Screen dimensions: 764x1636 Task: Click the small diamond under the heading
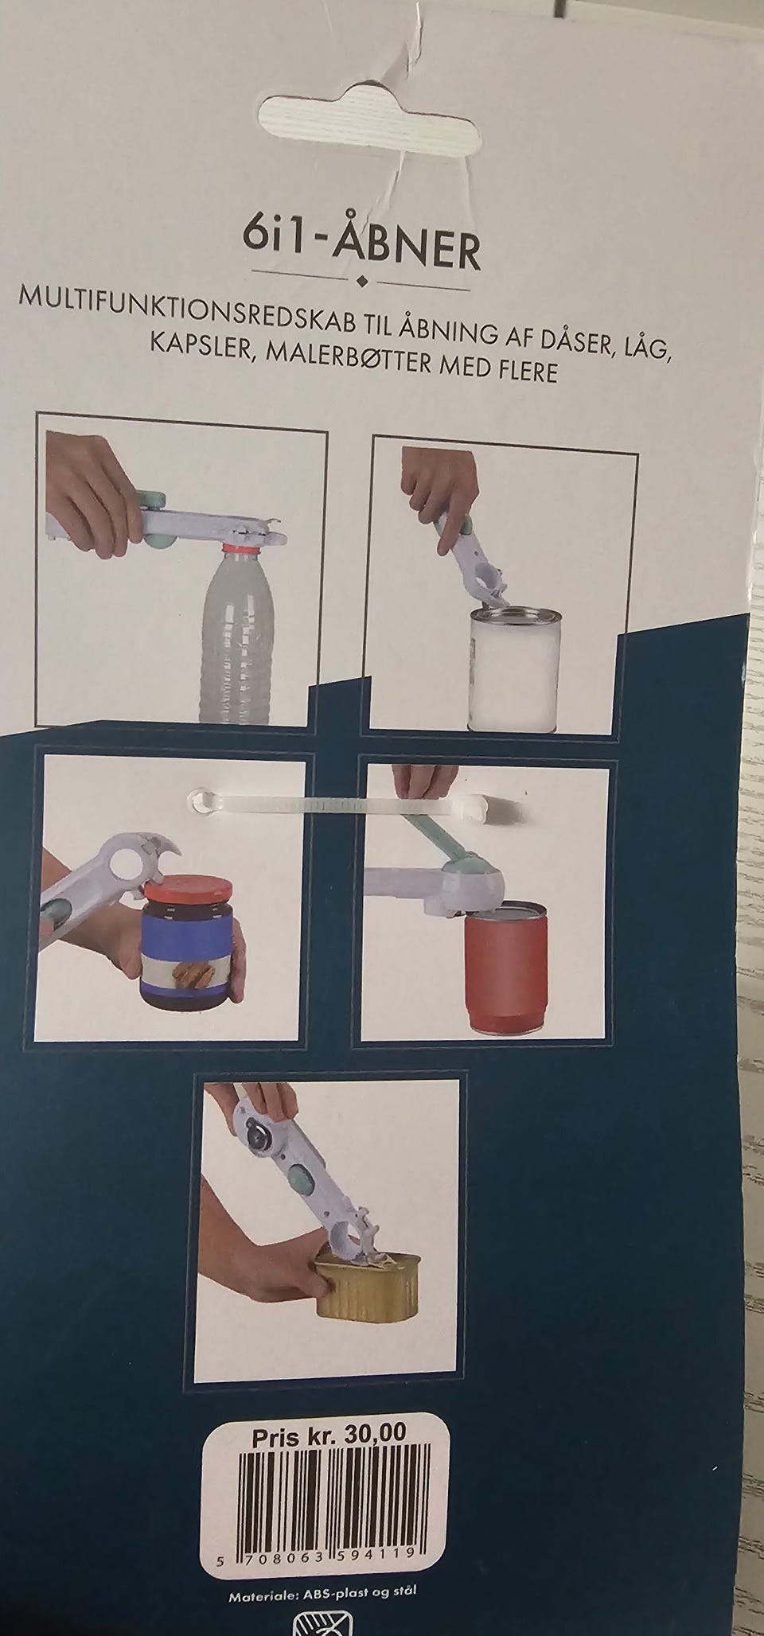coord(362,281)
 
